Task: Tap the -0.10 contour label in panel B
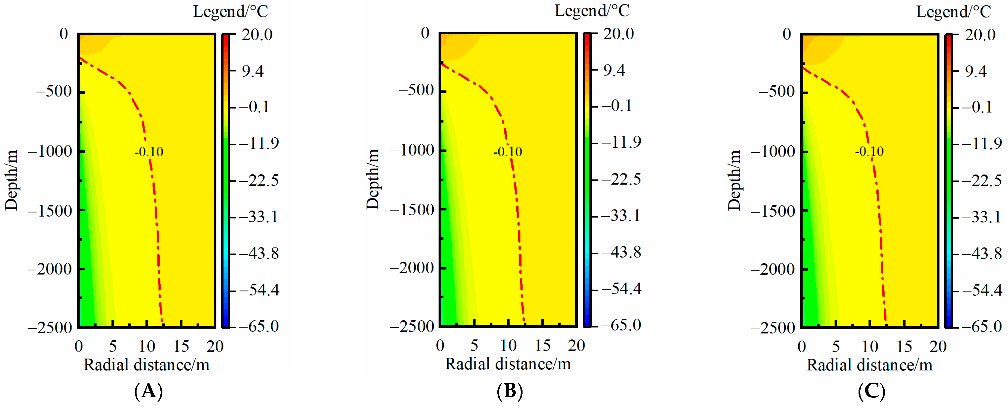pyautogui.click(x=507, y=152)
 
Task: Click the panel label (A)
pyautogui.click(x=148, y=391)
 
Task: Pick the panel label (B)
pyautogui.click(x=510, y=391)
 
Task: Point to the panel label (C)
pyautogui.click(x=871, y=391)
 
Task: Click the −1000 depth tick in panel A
pyautogui.click(x=50, y=151)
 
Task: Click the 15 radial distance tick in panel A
pyautogui.click(x=181, y=346)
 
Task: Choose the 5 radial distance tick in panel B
pyautogui.click(x=474, y=345)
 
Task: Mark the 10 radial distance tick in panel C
pyautogui.click(x=870, y=346)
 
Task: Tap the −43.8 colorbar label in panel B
pyautogui.click(x=621, y=252)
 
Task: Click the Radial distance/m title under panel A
pyautogui.click(x=146, y=365)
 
